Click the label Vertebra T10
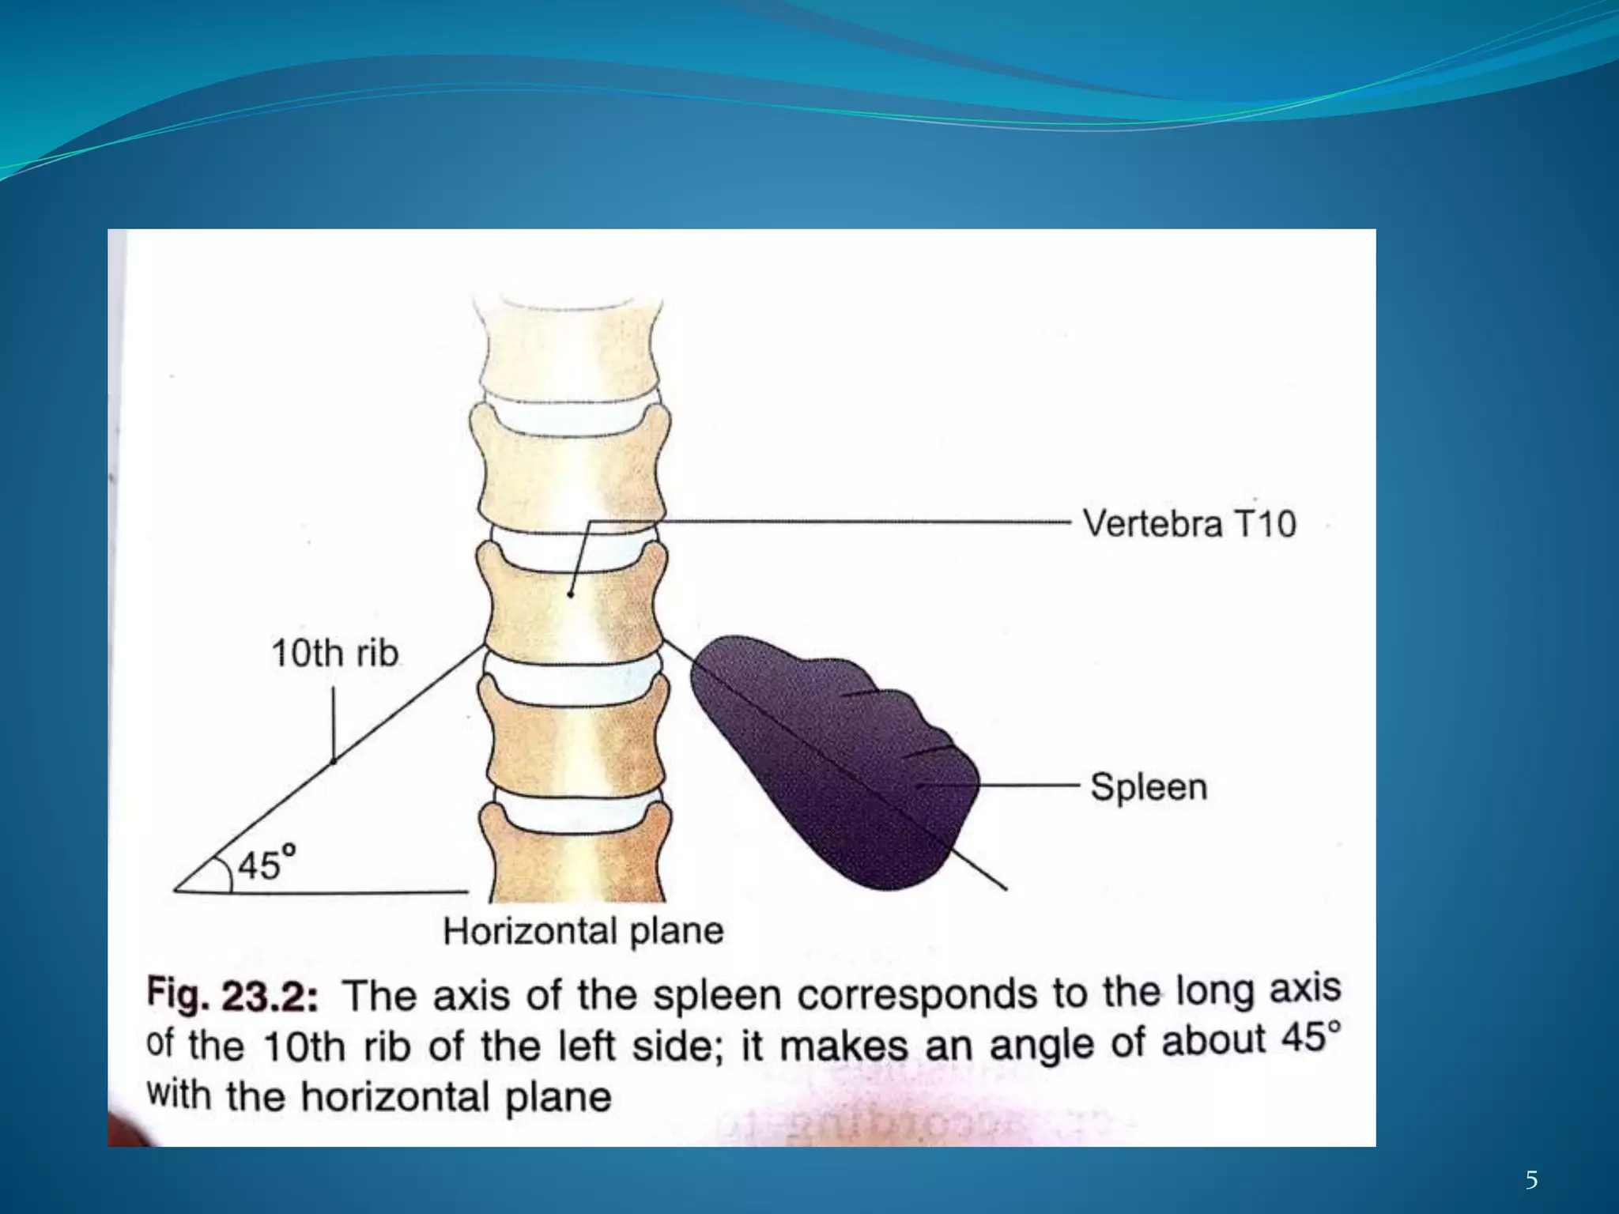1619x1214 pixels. (x=1189, y=524)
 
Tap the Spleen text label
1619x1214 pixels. (x=1149, y=787)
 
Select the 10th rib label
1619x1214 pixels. (x=334, y=654)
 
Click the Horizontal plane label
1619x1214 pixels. (x=583, y=931)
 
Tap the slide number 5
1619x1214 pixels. (x=1531, y=1181)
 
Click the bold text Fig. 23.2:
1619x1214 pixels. (x=232, y=996)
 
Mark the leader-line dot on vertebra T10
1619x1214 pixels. (x=570, y=594)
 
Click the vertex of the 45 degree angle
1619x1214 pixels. (x=175, y=891)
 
